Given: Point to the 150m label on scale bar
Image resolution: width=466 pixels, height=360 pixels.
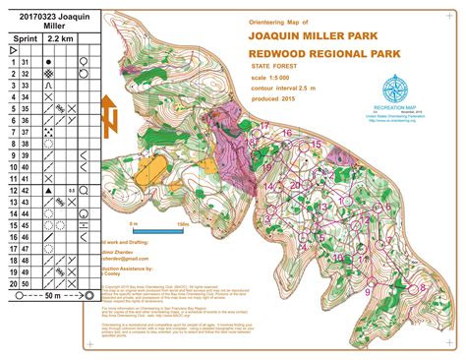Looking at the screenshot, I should (183, 224).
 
